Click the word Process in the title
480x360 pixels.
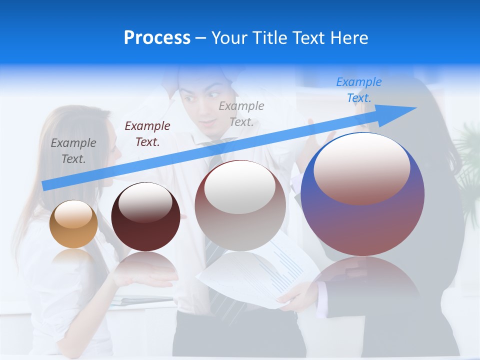157,38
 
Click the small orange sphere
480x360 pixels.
73,224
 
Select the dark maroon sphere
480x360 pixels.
145,217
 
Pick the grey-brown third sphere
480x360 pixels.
240,206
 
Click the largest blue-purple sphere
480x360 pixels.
362,195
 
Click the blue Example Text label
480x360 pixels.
359,90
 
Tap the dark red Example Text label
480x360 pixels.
147,133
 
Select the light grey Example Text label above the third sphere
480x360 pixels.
241,113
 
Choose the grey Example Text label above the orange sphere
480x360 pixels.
73,150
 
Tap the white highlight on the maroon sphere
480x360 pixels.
145,202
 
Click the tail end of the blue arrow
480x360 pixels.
46,185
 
